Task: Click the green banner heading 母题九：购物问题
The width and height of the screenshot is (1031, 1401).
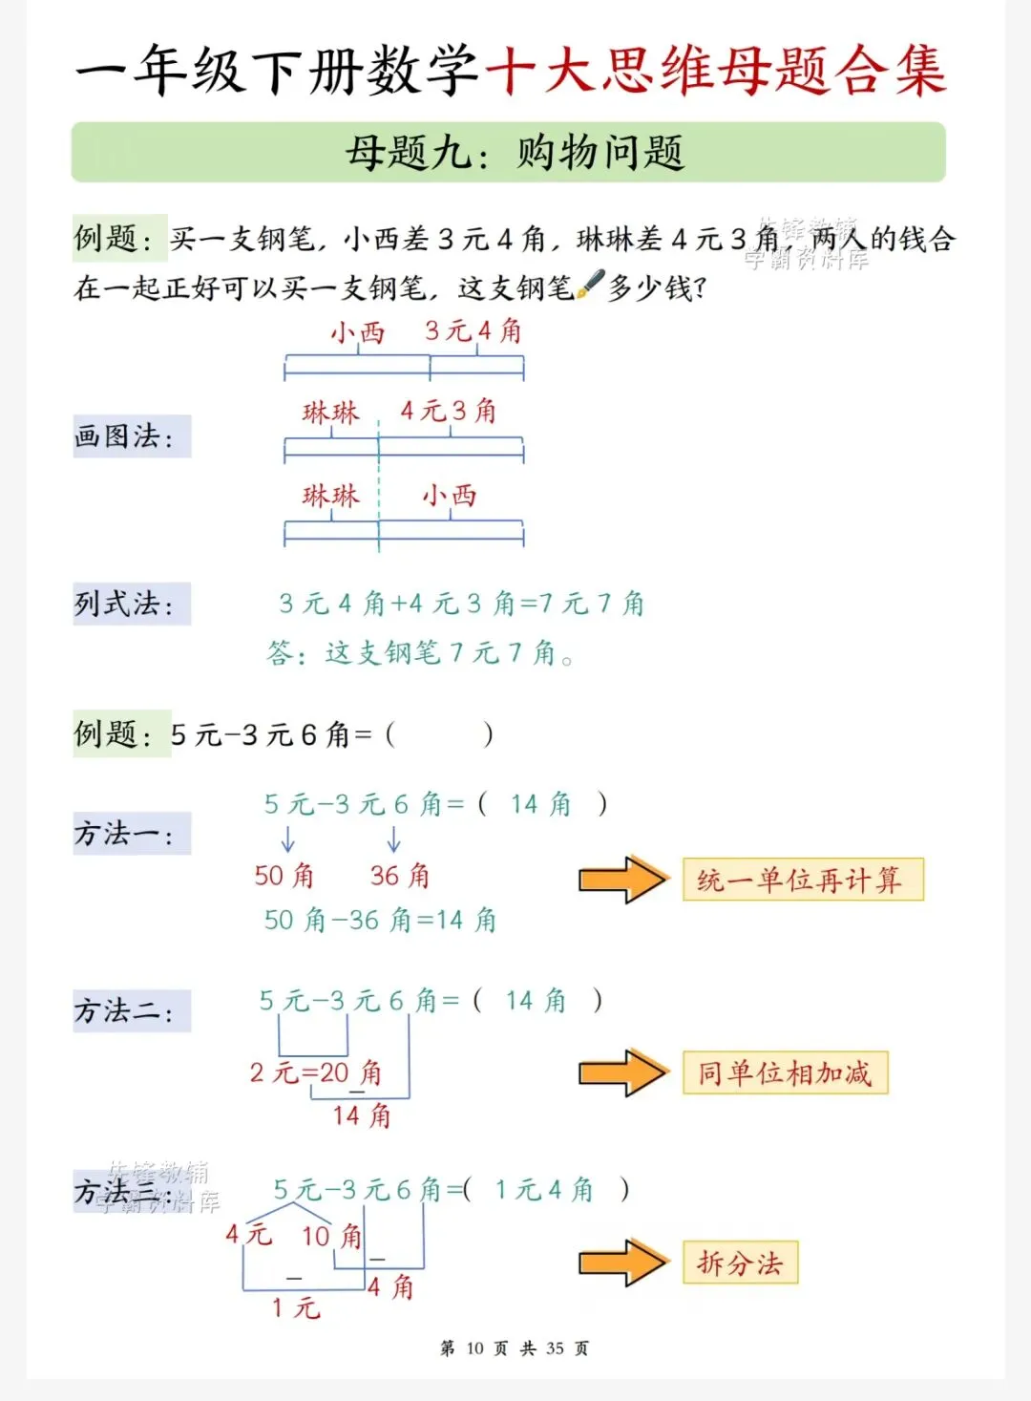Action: pyautogui.click(x=509, y=153)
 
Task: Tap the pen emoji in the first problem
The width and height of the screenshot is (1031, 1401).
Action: pyautogui.click(x=592, y=284)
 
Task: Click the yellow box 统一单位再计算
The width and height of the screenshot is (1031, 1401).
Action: pyautogui.click(x=802, y=880)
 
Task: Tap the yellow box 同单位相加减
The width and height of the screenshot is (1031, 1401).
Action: pyautogui.click(x=785, y=1072)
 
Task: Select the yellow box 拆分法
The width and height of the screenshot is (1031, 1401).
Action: pyautogui.click(x=740, y=1263)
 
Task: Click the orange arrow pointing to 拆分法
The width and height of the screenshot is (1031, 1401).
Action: pyautogui.click(x=623, y=1263)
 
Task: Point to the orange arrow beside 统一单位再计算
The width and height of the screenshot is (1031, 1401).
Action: pyautogui.click(x=623, y=880)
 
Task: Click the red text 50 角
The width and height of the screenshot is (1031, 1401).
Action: pyautogui.click(x=284, y=876)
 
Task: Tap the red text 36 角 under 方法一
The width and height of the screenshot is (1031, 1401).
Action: pyautogui.click(x=400, y=876)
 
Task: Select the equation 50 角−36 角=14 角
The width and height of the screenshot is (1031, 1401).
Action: pyautogui.click(x=380, y=920)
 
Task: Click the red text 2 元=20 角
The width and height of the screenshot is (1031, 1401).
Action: pyautogui.click(x=316, y=1072)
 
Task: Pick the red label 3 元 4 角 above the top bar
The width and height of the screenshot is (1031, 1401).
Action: pyautogui.click(x=473, y=331)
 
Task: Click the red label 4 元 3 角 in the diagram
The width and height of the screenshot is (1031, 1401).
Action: pyautogui.click(x=449, y=412)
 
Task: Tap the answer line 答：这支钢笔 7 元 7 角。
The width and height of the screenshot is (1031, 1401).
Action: pyautogui.click(x=420, y=653)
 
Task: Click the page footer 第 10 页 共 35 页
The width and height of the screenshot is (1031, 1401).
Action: pyautogui.click(x=515, y=1348)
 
